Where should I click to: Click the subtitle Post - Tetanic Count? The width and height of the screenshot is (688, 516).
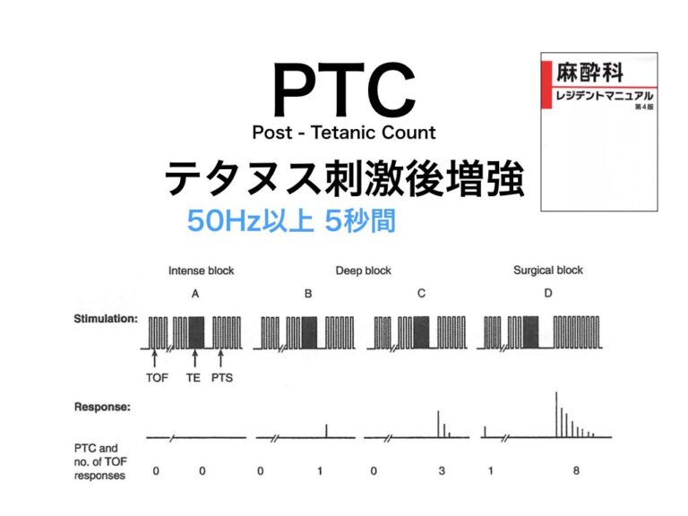click(344, 133)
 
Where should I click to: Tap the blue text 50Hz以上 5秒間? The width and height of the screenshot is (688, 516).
click(291, 221)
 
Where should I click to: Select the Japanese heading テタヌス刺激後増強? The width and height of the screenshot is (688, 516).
click(345, 178)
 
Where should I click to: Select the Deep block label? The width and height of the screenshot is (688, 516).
click(363, 271)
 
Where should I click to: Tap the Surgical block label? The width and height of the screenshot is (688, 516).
click(547, 271)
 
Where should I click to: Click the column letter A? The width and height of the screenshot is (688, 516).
click(196, 293)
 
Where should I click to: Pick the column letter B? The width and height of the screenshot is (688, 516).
click(308, 293)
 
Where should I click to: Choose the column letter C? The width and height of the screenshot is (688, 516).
click(420, 293)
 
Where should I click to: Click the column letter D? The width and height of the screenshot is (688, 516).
click(547, 293)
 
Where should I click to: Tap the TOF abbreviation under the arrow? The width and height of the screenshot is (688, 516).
click(158, 378)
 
